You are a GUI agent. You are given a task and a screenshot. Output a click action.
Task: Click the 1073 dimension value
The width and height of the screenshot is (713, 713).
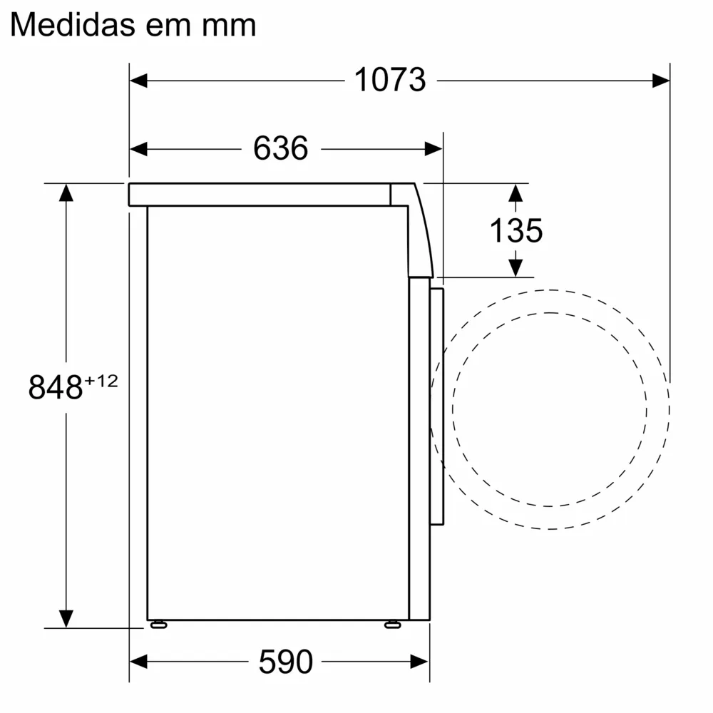[390, 80]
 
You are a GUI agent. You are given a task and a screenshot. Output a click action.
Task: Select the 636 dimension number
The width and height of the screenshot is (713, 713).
[280, 148]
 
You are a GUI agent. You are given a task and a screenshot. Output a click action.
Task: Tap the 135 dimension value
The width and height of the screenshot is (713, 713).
[516, 230]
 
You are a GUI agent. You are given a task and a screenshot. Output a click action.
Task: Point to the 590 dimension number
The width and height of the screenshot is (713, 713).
[285, 662]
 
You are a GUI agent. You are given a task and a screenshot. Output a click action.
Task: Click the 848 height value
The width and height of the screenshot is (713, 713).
[56, 387]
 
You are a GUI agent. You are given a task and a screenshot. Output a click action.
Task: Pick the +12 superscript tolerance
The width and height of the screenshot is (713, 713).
[101, 381]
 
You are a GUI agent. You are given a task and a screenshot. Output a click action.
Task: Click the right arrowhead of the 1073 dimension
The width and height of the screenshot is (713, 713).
[661, 81]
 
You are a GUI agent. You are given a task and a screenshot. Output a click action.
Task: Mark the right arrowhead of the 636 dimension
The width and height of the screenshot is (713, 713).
[434, 148]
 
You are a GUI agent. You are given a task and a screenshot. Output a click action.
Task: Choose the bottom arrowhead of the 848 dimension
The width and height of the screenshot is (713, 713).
[66, 619]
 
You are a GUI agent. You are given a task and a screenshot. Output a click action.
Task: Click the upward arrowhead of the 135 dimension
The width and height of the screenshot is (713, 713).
[515, 193]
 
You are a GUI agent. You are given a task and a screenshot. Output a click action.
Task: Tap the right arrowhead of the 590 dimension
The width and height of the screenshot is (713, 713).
[420, 662]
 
